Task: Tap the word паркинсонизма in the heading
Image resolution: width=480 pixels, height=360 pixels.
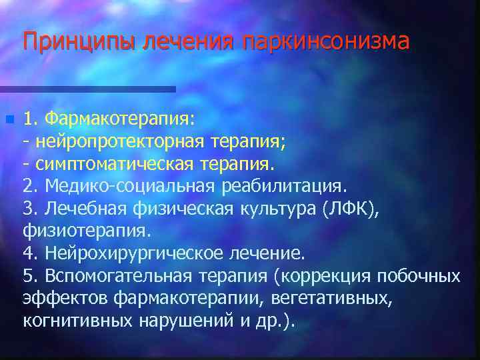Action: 326,42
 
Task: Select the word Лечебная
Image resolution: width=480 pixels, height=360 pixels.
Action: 83,209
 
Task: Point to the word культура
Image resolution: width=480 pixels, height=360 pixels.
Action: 277,209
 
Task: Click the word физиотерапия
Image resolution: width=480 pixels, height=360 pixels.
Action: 87,231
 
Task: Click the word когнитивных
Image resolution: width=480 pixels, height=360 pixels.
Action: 79,321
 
